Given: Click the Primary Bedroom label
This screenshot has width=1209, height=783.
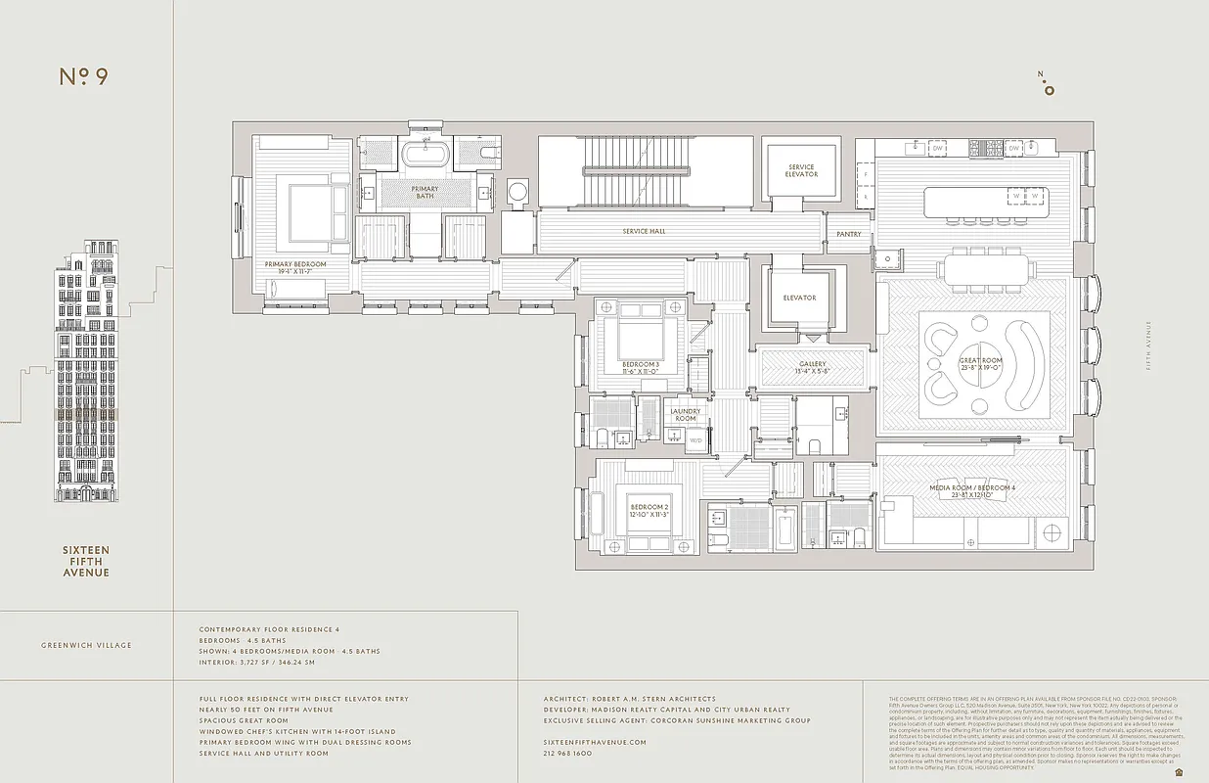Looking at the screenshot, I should [295, 264].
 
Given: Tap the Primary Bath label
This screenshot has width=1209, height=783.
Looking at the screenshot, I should [425, 193].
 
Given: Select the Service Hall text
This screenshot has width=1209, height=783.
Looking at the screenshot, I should [644, 232].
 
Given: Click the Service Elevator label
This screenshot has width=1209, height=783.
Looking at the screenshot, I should [801, 171].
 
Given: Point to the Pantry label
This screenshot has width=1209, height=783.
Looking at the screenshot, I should [847, 235].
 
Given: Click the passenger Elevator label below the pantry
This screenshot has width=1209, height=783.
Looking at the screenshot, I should [799, 298].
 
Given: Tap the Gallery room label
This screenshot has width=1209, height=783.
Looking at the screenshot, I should [812, 367].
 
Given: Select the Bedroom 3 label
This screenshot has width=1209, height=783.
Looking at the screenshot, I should [641, 368].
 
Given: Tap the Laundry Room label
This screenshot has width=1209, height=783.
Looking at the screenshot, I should [685, 415].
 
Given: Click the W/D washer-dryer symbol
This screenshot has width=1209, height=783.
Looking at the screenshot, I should [695, 439].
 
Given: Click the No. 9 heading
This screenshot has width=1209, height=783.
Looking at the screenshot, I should [83, 77].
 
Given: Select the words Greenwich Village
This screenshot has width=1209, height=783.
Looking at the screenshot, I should [86, 645].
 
